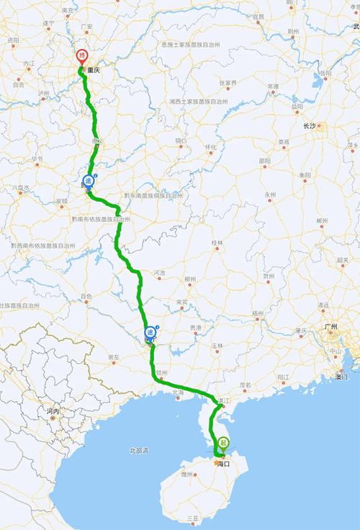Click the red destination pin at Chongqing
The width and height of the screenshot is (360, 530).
point(82,56)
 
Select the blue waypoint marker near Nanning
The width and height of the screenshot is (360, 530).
point(150,332)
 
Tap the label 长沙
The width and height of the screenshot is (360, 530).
point(310,126)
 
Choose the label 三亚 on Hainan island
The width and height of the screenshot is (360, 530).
point(192,518)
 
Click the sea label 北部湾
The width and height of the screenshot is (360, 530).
point(138,450)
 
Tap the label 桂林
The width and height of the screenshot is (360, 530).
point(217,243)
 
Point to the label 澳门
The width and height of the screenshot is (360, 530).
point(341,377)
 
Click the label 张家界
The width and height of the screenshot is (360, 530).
point(228,82)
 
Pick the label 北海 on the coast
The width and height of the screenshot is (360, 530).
point(178,392)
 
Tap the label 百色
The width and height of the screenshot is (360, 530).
point(86,297)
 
